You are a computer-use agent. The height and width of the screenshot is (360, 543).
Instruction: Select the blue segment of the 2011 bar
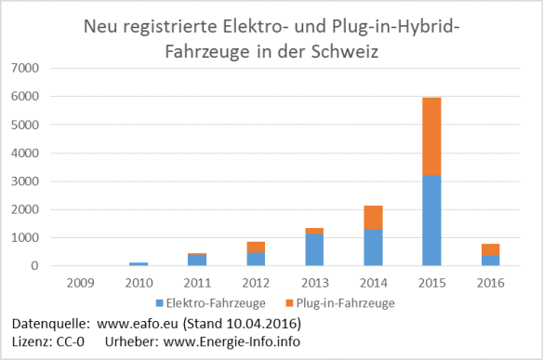(196, 260)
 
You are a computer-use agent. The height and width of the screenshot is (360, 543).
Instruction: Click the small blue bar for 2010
(139, 264)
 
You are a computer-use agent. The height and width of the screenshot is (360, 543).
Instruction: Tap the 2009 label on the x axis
(81, 281)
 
